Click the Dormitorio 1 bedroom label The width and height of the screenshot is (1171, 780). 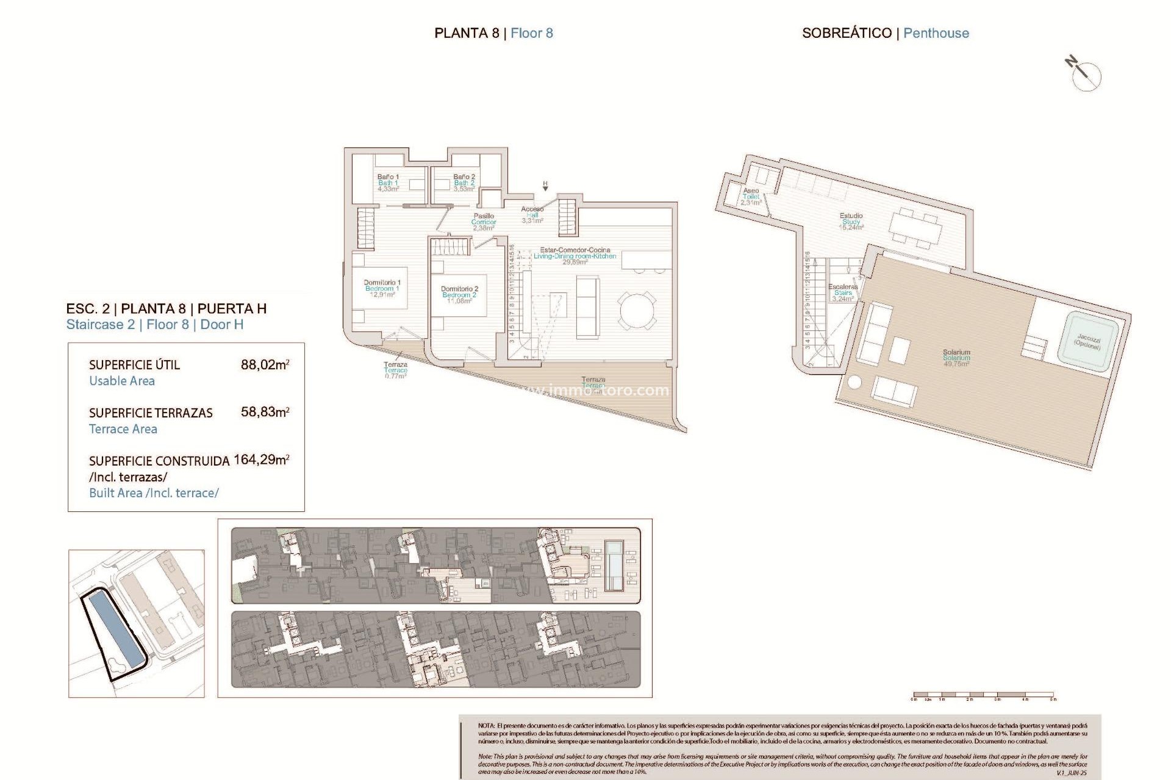pyautogui.click(x=382, y=288)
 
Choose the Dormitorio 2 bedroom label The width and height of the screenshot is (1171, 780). pyautogui.click(x=459, y=294)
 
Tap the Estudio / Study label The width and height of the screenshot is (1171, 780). pyautogui.click(x=851, y=221)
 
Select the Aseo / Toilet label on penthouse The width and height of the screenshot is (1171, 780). pyautogui.click(x=751, y=196)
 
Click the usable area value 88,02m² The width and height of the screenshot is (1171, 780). pyautogui.click(x=265, y=365)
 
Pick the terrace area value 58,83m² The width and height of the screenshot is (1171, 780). pyautogui.click(x=265, y=412)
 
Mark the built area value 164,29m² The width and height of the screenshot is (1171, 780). pyautogui.click(x=261, y=459)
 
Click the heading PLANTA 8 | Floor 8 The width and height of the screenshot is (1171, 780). pyautogui.click(x=493, y=33)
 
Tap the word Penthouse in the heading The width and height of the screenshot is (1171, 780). pyautogui.click(x=936, y=33)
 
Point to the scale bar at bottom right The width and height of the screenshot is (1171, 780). pyautogui.click(x=983, y=695)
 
